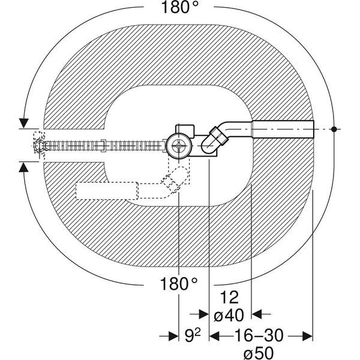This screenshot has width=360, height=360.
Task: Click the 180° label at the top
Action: (179, 7)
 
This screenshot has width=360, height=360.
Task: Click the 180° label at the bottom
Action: (178, 284)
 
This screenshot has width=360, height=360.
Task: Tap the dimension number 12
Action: (229, 298)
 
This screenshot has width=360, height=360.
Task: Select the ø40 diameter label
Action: (229, 315)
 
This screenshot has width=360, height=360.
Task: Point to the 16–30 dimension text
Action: (259, 335)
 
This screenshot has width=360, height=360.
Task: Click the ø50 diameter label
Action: (259, 353)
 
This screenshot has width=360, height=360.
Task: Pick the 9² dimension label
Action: (193, 335)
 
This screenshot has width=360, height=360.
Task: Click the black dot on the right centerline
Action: (334, 129)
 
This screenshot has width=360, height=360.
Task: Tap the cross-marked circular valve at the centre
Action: (179, 146)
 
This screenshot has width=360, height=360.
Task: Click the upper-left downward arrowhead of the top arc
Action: (23, 123)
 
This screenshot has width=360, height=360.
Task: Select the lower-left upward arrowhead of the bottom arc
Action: (23, 167)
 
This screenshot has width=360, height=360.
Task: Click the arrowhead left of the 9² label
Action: (173, 337)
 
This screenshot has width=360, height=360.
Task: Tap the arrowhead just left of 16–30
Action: (214, 337)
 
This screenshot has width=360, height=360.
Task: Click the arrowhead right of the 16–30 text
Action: (308, 337)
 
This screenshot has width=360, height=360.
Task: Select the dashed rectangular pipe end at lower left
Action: (107, 191)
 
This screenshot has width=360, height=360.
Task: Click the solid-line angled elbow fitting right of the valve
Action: (214, 140)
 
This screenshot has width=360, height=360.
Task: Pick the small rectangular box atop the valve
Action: (185, 131)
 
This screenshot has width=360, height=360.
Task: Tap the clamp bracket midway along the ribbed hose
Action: (104, 146)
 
